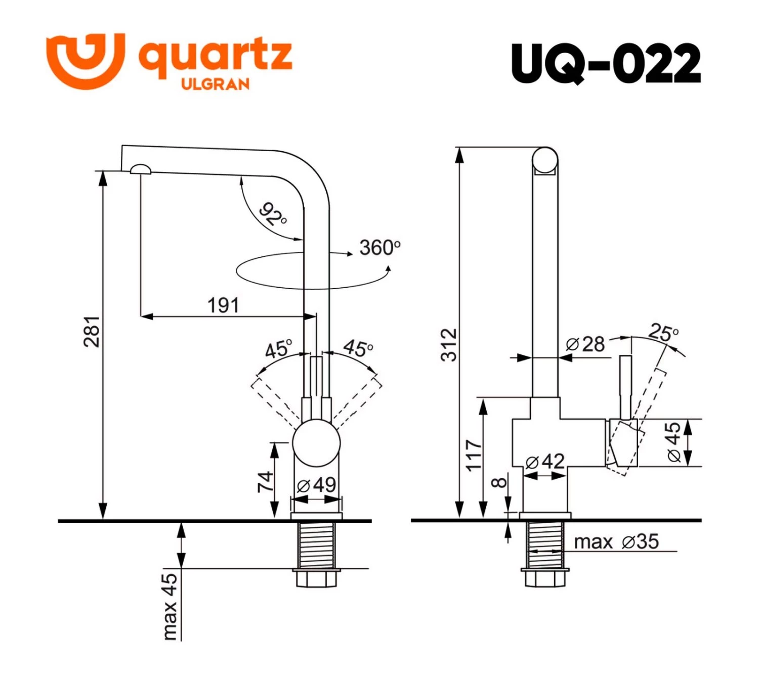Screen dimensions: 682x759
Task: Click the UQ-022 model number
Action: click(606, 64)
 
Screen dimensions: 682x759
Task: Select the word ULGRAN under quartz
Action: click(215, 84)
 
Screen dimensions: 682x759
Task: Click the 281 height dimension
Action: click(92, 332)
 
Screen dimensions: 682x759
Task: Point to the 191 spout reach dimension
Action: click(223, 305)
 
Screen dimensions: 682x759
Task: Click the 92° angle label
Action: click(273, 214)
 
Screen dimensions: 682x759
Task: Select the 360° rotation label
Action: click(379, 248)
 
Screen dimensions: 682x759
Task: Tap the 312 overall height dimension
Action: click(449, 345)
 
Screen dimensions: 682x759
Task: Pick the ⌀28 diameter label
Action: click(585, 344)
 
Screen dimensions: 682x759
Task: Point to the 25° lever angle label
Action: click(663, 333)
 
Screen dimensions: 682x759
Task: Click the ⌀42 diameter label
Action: click(545, 462)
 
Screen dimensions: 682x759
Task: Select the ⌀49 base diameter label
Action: click(317, 485)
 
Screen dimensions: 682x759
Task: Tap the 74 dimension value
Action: click(265, 481)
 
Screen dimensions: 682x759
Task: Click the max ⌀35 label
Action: click(616, 542)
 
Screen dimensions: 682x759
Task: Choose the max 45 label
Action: click(170, 606)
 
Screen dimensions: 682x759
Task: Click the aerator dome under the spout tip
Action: click(140, 169)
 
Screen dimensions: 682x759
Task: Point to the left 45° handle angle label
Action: click(278, 349)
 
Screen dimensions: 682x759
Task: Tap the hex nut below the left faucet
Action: click(316, 578)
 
